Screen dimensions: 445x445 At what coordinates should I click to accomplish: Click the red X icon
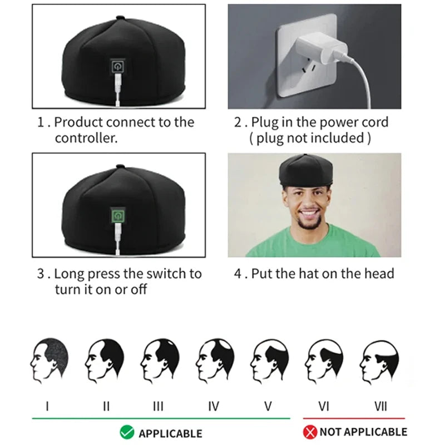point(310,432)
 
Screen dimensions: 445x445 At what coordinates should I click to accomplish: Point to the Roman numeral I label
point(47,406)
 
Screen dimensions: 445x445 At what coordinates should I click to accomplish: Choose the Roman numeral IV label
point(214,406)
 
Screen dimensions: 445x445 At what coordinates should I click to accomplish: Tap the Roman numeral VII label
point(380,406)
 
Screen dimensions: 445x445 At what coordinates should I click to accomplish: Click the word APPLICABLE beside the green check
point(170,433)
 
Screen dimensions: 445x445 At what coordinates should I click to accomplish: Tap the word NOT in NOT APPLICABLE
point(333,432)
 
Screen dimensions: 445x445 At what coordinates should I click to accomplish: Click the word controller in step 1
point(86,139)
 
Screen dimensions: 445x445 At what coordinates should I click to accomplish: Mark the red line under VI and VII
point(354,418)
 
